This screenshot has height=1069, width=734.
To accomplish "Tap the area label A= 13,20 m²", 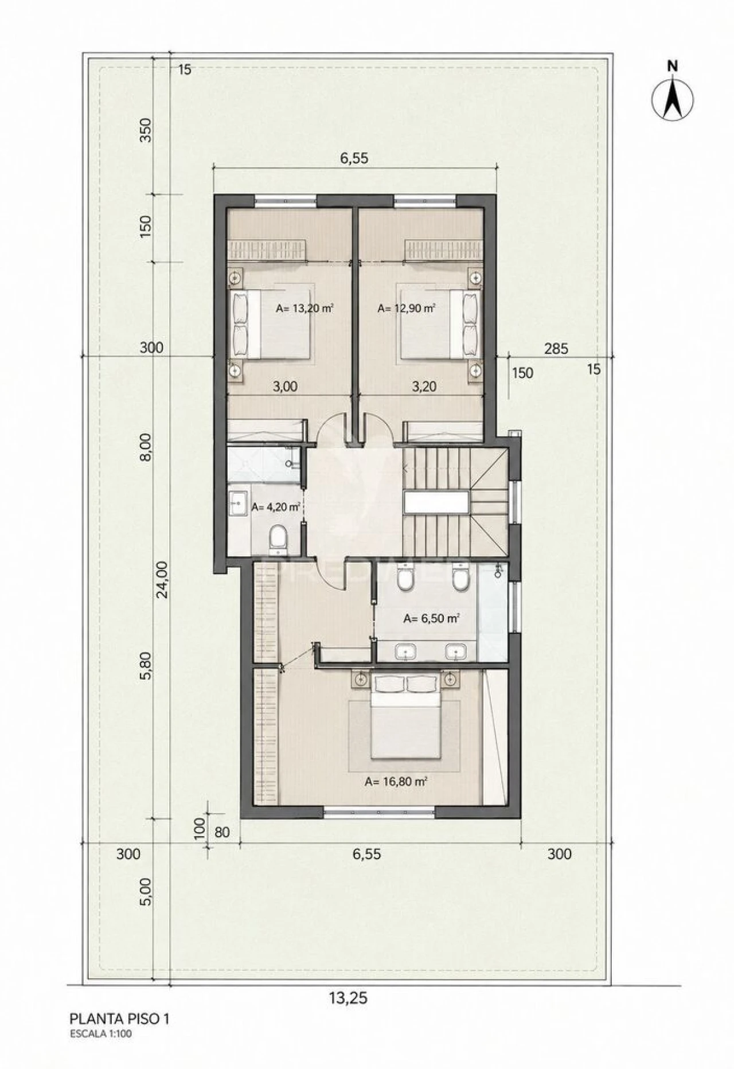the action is pos(304,308).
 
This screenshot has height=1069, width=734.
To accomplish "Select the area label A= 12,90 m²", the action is pos(406,308).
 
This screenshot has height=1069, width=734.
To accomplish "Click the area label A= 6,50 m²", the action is pos(432,618).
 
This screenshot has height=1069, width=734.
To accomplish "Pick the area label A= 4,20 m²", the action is pos(276,507).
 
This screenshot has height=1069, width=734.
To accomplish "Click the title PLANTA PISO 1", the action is pos(119,1019).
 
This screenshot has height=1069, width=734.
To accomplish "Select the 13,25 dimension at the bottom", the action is pos(348,998).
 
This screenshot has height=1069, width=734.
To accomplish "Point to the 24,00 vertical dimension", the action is pos(162,580).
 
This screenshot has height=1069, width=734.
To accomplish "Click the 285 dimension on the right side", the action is pos(556,348).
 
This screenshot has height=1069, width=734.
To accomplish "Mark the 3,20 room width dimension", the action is pos(424,387).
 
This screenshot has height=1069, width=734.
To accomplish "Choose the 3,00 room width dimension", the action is pos(285,387).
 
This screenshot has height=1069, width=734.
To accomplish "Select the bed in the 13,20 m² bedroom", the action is pos(271,325).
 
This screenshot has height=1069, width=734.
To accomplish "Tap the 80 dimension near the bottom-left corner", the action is pos(221,831).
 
